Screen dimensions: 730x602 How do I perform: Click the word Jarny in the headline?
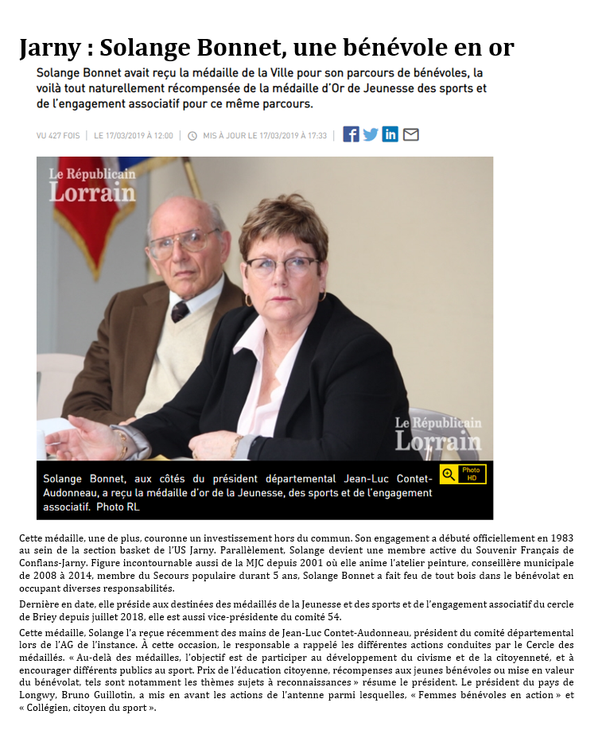pyautogui.click(x=49, y=49)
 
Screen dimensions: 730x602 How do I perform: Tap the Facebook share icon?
pyautogui.click(x=351, y=134)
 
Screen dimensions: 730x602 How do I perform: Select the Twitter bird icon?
pyautogui.click(x=371, y=134)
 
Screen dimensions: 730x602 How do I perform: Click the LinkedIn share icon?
pyautogui.click(x=390, y=134)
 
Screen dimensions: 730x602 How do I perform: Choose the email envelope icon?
pyautogui.click(x=410, y=134)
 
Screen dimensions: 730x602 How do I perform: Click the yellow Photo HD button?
pyautogui.click(x=463, y=474)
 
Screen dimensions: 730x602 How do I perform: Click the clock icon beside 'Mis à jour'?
pyautogui.click(x=192, y=136)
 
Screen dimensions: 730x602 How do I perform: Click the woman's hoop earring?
pyautogui.click(x=248, y=301)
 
